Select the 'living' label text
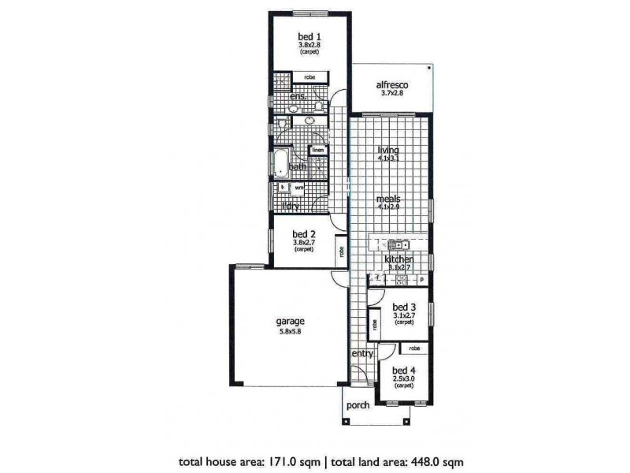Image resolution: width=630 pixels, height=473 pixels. pyautogui.click(x=387, y=150)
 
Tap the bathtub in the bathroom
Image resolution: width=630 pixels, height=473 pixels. pyautogui.click(x=280, y=162)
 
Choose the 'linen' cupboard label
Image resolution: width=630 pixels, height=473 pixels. pyautogui.click(x=318, y=150)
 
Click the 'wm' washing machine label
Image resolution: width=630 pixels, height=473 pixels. pyautogui.click(x=299, y=188)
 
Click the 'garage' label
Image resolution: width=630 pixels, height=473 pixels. pyautogui.click(x=290, y=322)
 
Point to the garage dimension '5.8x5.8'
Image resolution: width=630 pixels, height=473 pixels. pyautogui.click(x=290, y=331)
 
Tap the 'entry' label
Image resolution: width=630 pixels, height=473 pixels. pyautogui.click(x=362, y=354)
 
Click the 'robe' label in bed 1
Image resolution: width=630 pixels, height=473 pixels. pyautogui.click(x=309, y=77)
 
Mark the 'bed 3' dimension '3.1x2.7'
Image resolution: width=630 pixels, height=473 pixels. pyautogui.click(x=403, y=315)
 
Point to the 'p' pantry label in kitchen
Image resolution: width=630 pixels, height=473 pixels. pyautogui.click(x=422, y=278)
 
